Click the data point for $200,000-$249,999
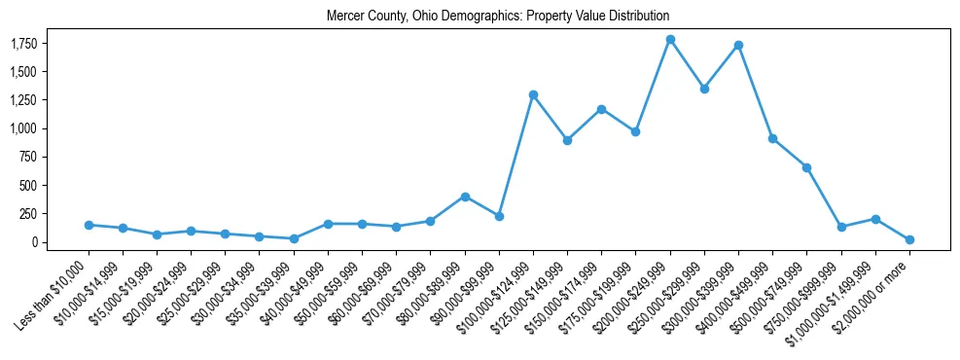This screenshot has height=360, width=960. (x=670, y=40)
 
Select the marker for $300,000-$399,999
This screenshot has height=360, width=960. (x=739, y=45)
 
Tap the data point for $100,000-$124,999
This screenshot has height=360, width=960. (x=533, y=94)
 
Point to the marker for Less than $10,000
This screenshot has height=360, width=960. (x=89, y=225)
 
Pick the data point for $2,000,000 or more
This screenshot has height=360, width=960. (x=910, y=239)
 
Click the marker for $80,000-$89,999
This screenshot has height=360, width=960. (x=465, y=197)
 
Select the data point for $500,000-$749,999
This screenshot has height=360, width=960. (x=807, y=167)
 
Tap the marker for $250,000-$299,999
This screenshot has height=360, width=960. (x=704, y=89)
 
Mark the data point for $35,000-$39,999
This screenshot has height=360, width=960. (x=294, y=238)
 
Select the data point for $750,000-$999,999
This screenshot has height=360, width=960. (x=841, y=227)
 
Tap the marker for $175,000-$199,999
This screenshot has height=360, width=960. (x=636, y=131)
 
